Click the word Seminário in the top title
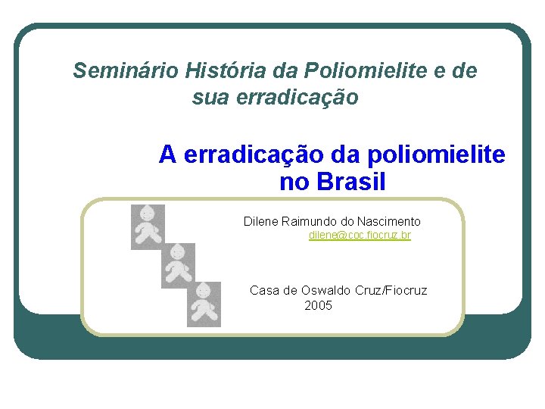[x=124, y=71]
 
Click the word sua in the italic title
[x=209, y=98]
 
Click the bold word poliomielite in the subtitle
[x=434, y=155]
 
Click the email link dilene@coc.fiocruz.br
[x=360, y=236]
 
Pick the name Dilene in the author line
[x=260, y=221]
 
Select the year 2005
[x=318, y=306]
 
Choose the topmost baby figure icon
[x=148, y=226]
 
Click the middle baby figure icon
[x=178, y=265]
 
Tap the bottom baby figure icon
[x=204, y=304]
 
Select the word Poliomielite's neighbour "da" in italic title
[x=288, y=71]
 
